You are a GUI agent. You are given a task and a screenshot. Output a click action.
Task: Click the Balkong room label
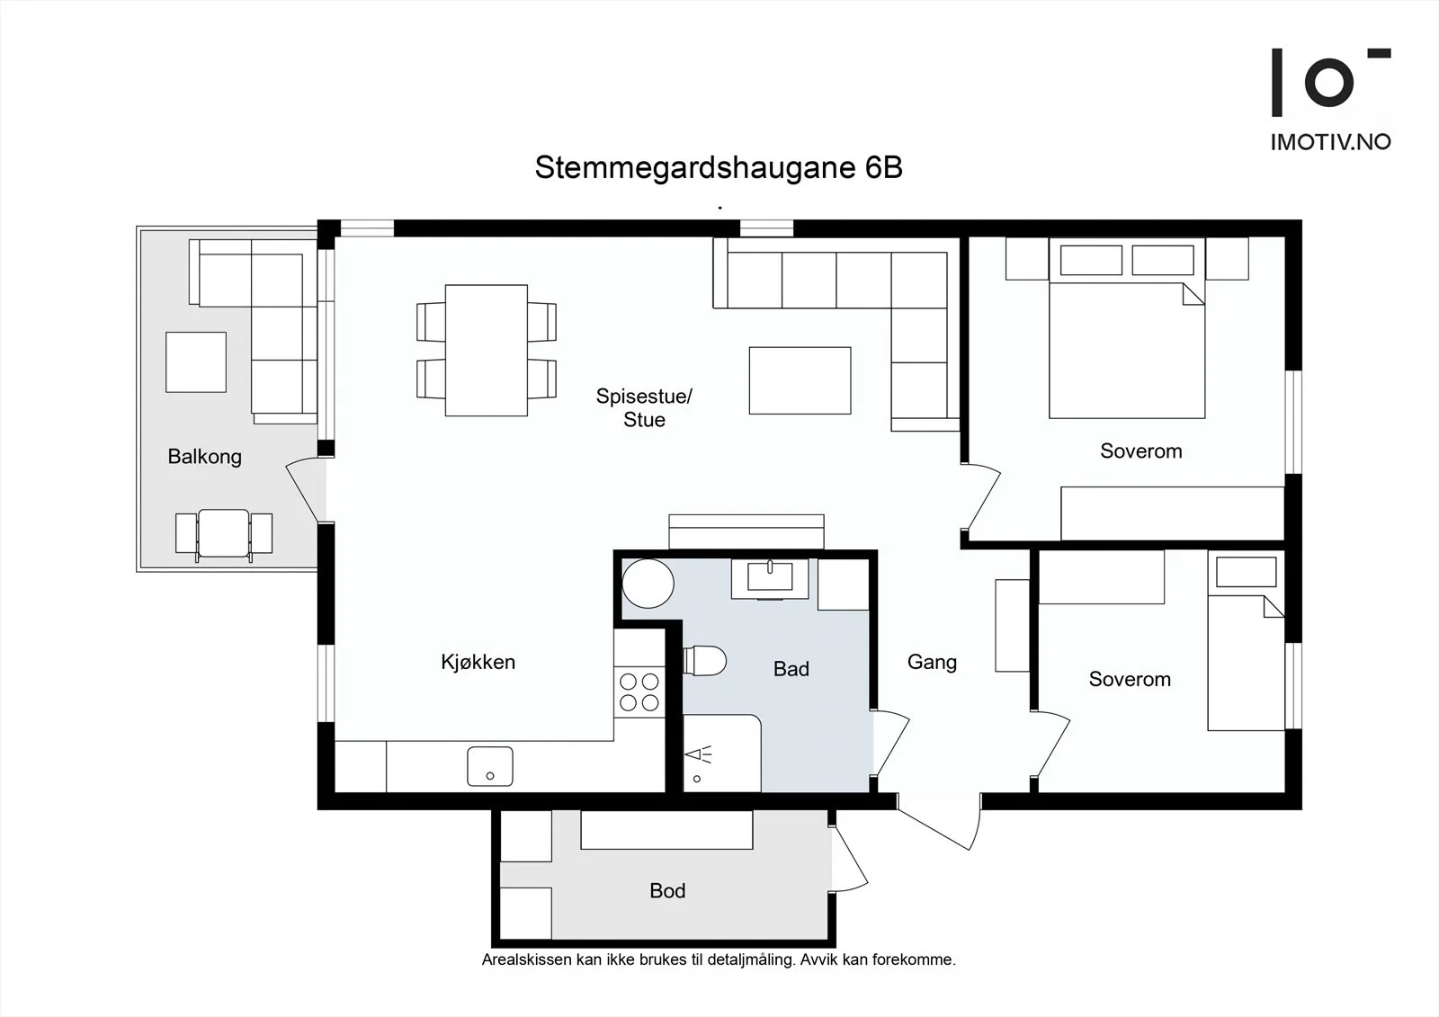click(x=204, y=457)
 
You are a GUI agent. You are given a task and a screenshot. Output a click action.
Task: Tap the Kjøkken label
click(x=478, y=662)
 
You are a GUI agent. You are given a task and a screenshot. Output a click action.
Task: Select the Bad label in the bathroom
click(x=791, y=669)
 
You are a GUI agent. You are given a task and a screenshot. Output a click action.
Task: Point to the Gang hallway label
click(x=932, y=663)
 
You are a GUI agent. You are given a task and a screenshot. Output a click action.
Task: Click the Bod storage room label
click(x=667, y=890)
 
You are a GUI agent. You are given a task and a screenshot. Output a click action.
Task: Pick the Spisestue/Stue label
click(x=644, y=407)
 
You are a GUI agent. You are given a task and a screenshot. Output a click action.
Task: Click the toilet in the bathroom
click(x=705, y=660)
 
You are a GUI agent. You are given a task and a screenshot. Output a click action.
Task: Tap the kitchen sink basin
click(x=489, y=766)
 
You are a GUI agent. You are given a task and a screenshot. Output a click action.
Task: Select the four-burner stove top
click(x=639, y=692)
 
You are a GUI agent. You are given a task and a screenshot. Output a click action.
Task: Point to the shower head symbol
click(x=699, y=754)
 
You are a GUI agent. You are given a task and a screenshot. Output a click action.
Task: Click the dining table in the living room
click(x=487, y=350)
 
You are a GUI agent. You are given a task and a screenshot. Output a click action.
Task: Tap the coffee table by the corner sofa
click(x=800, y=380)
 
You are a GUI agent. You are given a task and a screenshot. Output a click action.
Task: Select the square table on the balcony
click(x=196, y=361)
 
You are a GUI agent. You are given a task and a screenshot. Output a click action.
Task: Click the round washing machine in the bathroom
click(x=648, y=584)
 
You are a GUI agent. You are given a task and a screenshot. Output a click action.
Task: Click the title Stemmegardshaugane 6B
click(x=719, y=167)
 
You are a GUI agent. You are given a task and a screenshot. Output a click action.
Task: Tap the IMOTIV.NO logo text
click(x=1330, y=142)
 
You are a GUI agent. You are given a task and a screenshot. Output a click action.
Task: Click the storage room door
click(x=849, y=859)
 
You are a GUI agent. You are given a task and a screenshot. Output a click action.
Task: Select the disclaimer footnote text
click(x=719, y=959)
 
